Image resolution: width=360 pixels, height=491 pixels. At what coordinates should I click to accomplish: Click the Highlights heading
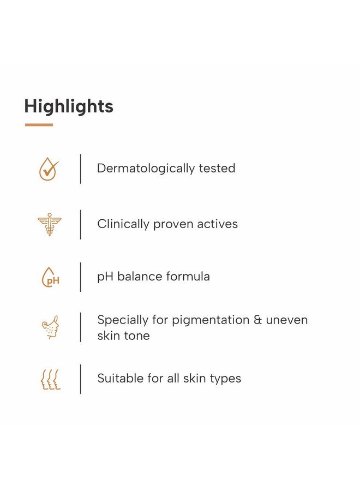tap(69, 106)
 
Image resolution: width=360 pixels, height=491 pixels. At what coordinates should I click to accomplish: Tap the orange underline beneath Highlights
tap(39, 125)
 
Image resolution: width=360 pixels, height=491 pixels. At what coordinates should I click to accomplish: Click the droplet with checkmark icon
tap(49, 169)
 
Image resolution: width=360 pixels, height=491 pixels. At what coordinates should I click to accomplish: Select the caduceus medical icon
tap(50, 224)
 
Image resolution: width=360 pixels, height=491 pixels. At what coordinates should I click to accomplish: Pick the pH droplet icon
tap(50, 277)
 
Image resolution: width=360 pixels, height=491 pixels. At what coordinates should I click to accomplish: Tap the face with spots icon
tap(50, 327)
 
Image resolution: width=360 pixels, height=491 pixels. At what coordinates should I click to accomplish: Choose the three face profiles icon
tap(50, 379)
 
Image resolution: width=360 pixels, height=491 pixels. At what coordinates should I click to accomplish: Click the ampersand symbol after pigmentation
tap(258, 320)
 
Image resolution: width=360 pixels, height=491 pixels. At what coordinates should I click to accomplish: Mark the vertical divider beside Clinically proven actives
tap(80, 224)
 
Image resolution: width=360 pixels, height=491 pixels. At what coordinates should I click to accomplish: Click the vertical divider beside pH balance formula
tap(80, 277)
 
